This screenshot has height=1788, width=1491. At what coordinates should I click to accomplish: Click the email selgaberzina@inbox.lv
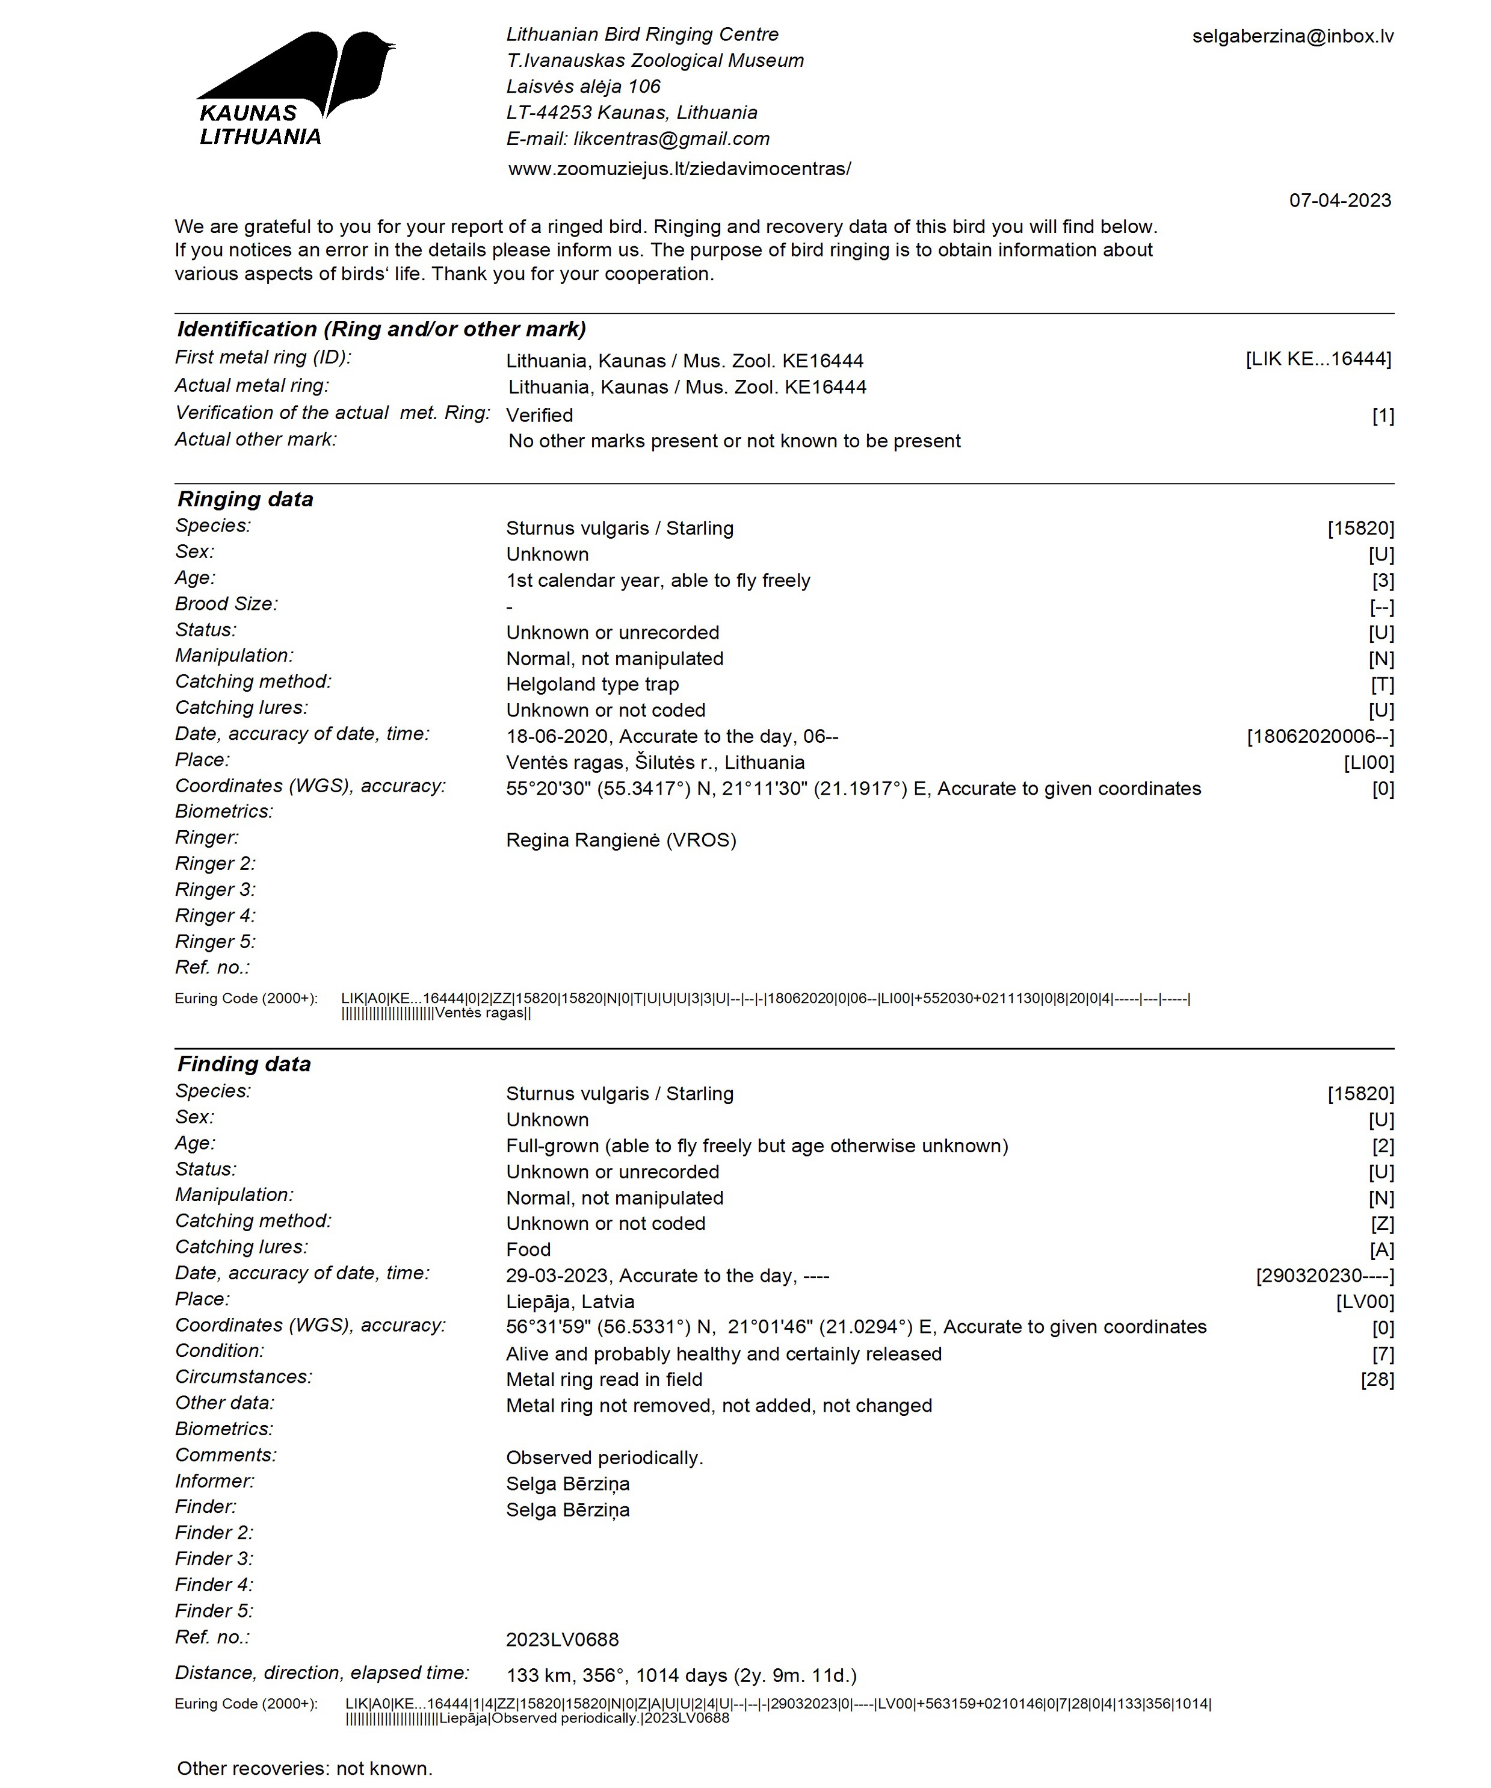click(x=1292, y=36)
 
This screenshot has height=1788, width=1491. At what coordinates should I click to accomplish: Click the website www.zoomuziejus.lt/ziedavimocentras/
click(x=679, y=169)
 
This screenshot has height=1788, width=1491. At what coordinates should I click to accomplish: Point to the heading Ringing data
click(x=245, y=499)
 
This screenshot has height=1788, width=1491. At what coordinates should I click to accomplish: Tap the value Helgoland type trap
click(x=592, y=684)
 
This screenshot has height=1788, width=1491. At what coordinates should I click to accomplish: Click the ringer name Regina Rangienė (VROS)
click(x=620, y=840)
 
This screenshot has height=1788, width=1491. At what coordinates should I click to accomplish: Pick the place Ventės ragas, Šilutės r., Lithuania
click(x=655, y=762)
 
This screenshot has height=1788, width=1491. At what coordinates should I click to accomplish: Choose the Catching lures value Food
click(x=528, y=1249)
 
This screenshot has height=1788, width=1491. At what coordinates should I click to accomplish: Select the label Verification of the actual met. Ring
click(x=332, y=413)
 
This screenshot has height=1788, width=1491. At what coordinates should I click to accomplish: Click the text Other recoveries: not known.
click(x=304, y=1768)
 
